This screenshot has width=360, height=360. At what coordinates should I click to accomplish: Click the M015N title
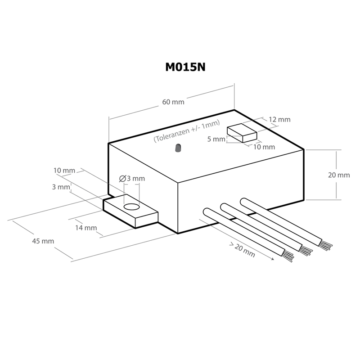[x=185, y=67]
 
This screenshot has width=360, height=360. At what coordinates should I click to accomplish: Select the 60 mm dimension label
[x=173, y=102]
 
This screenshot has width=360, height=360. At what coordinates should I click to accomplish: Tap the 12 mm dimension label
[x=279, y=120]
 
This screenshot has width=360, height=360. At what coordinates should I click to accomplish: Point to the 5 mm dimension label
[x=216, y=139]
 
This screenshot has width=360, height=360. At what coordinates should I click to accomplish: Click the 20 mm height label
[x=339, y=175]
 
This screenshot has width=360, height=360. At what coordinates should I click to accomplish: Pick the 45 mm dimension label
[x=43, y=241]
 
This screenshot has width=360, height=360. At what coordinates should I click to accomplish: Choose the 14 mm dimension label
[x=86, y=228]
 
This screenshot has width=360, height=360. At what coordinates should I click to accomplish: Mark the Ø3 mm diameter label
[x=132, y=178]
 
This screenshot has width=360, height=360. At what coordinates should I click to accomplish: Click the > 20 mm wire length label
[x=242, y=250]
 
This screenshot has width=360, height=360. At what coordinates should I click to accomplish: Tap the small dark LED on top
[x=178, y=148]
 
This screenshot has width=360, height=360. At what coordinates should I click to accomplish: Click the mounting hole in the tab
[x=131, y=207]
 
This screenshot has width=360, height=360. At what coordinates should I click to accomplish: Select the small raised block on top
[x=242, y=133]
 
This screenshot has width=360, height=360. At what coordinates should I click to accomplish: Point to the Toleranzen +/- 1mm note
[x=187, y=131]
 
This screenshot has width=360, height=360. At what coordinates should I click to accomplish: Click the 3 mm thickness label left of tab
[x=61, y=187]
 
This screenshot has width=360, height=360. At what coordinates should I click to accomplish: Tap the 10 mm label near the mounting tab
[x=64, y=171]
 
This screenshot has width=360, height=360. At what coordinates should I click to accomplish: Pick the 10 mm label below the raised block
[x=264, y=147]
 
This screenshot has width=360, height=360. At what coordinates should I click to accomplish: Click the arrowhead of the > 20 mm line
[x=273, y=259]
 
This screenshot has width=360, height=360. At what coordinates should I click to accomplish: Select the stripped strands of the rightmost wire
[x=326, y=245]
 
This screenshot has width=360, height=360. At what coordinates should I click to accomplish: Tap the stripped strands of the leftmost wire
[x=288, y=256]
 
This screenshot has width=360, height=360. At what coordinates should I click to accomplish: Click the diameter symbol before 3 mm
[x=122, y=179]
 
